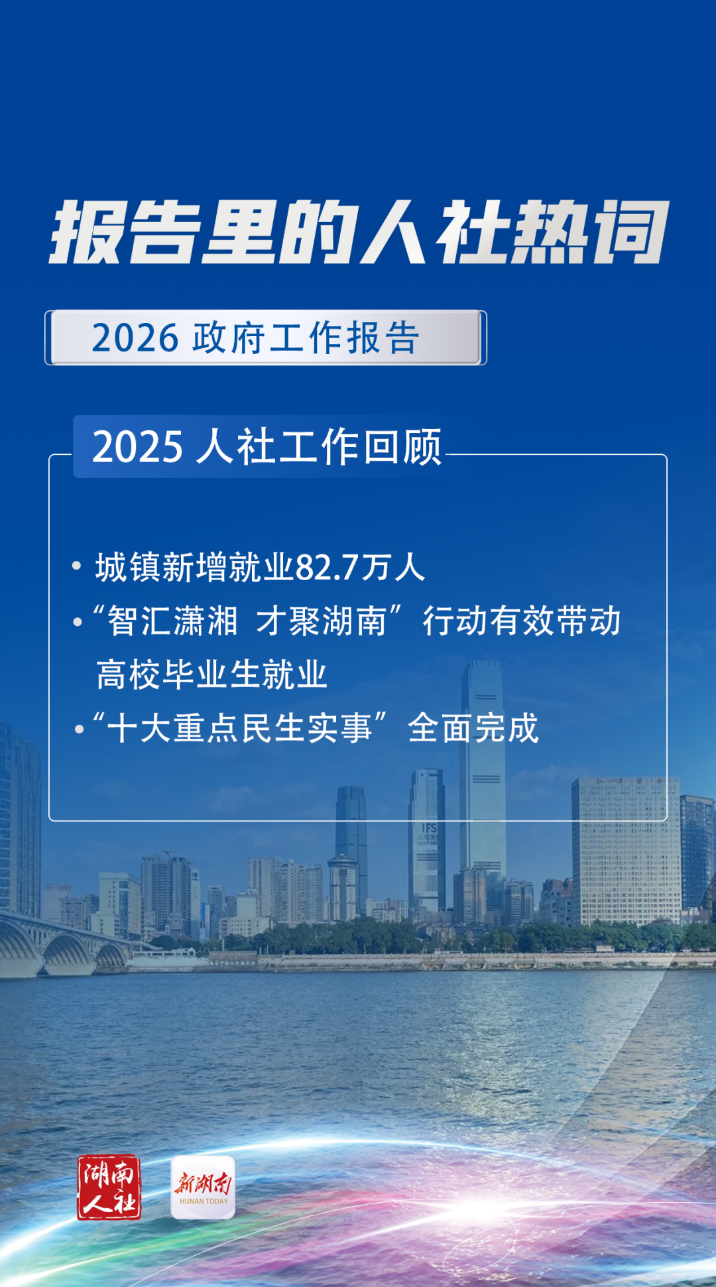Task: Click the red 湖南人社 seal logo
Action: (x=109, y=1188)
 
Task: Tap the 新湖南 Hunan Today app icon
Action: (x=203, y=1188)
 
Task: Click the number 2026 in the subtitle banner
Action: (x=135, y=338)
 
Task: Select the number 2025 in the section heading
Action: (x=137, y=446)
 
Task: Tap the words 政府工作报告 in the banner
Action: (x=306, y=338)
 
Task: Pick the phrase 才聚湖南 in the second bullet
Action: (x=322, y=621)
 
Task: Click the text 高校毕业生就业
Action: (x=212, y=675)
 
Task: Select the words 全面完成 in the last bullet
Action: (x=473, y=728)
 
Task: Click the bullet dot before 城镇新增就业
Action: (x=77, y=566)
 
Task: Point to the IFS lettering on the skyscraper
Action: (x=430, y=828)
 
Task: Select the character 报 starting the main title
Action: (x=88, y=232)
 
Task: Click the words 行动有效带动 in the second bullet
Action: (x=522, y=621)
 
